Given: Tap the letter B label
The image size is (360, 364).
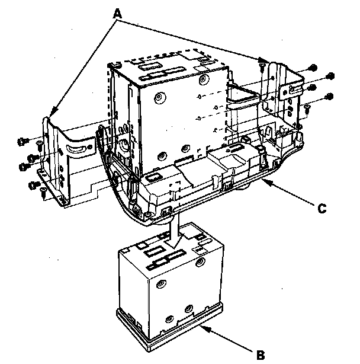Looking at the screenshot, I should pyautogui.click(x=259, y=356).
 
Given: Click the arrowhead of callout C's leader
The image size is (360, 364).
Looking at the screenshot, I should pyautogui.click(x=265, y=182).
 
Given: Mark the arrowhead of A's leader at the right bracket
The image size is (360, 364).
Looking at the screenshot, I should pyautogui.click(x=263, y=62).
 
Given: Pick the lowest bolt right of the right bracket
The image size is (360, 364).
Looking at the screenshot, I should pyautogui.click(x=329, y=96).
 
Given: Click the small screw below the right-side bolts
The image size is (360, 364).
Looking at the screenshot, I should pyautogui.click(x=307, y=107).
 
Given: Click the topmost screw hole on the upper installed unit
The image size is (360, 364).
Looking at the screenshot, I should pyautogui.click(x=203, y=79).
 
